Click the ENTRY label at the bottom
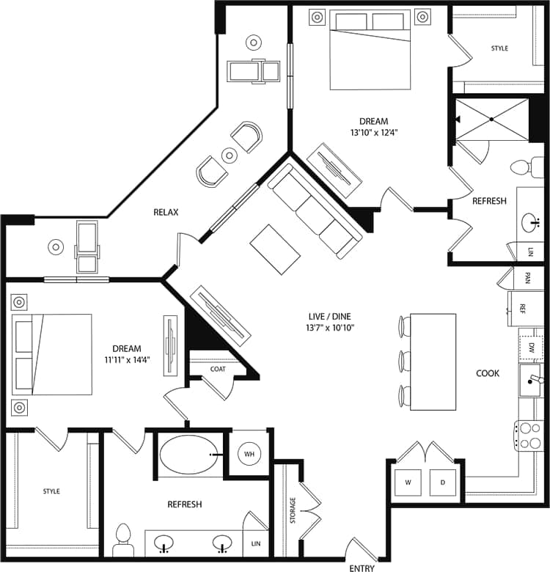362,568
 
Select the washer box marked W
408,482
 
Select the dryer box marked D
443,482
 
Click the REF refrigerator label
523,308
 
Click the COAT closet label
218,368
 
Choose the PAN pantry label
527,278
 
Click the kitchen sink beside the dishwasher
532,380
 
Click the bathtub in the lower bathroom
188,455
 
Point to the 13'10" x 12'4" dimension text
373,133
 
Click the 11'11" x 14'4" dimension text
126,360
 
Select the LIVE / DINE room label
331,317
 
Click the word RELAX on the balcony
166,212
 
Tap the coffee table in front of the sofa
275,249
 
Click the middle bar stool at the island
403,360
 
